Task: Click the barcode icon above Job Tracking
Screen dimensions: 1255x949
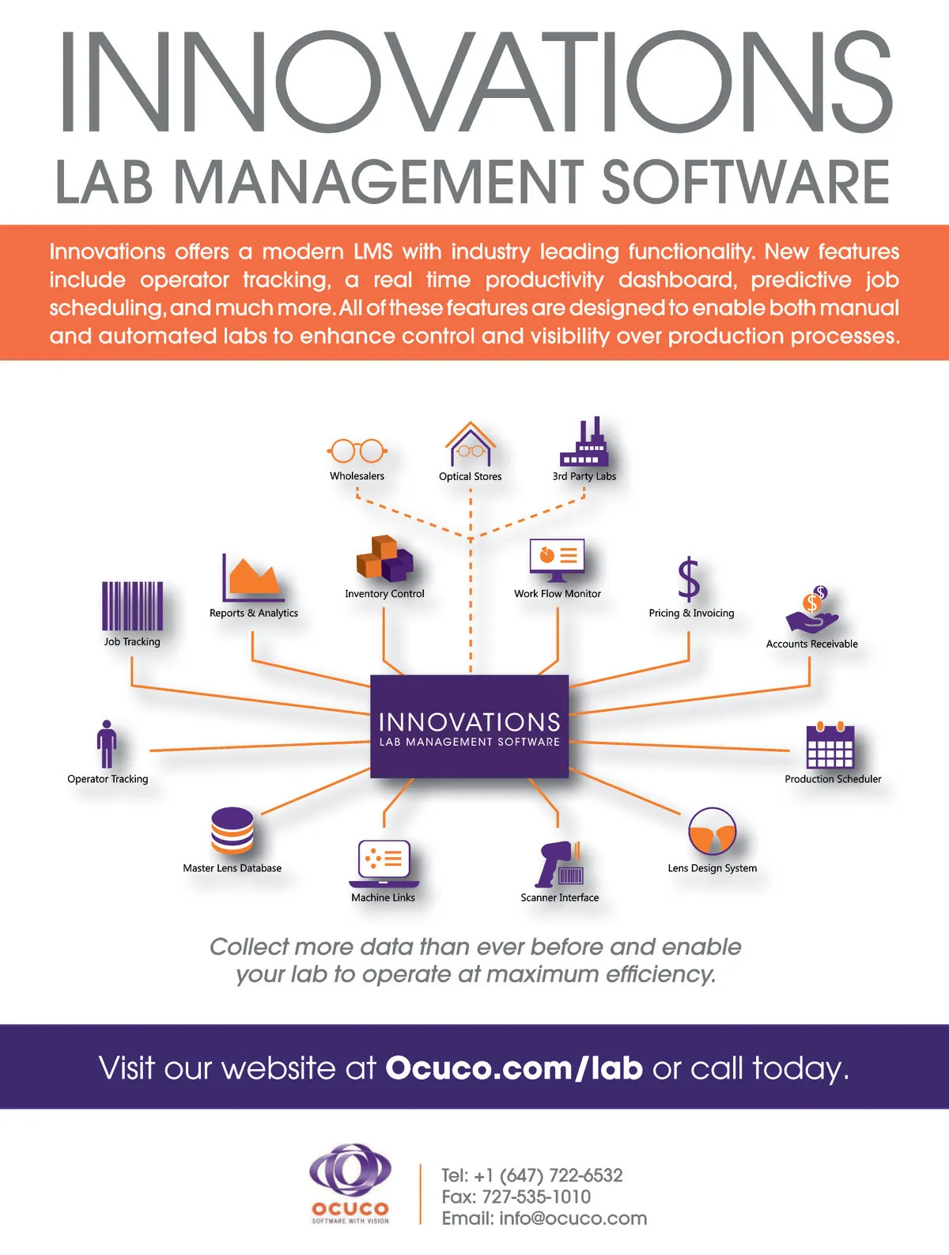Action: pyautogui.click(x=132, y=606)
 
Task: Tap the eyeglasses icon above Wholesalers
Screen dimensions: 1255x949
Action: pyautogui.click(x=357, y=451)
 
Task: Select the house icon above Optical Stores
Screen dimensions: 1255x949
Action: pyautogui.click(x=470, y=444)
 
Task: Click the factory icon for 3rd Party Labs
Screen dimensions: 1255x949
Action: pyautogui.click(x=584, y=443)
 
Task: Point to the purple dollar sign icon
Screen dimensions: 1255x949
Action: pyautogui.click(x=689, y=580)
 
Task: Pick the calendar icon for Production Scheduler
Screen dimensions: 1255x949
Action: pyautogui.click(x=830, y=746)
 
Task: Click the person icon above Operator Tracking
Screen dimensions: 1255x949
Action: pyautogui.click(x=107, y=745)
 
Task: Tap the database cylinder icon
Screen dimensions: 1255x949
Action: pyautogui.click(x=232, y=830)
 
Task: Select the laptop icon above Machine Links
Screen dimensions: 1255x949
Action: pyautogui.click(x=384, y=864)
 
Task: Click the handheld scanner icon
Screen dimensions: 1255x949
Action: pyautogui.click(x=559, y=864)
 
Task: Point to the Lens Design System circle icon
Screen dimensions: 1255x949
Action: pyautogui.click(x=712, y=832)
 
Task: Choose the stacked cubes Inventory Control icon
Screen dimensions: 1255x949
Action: pyautogui.click(x=384, y=558)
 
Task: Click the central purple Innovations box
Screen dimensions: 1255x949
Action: pyautogui.click(x=470, y=726)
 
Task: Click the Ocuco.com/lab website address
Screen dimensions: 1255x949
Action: pyautogui.click(x=514, y=1068)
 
